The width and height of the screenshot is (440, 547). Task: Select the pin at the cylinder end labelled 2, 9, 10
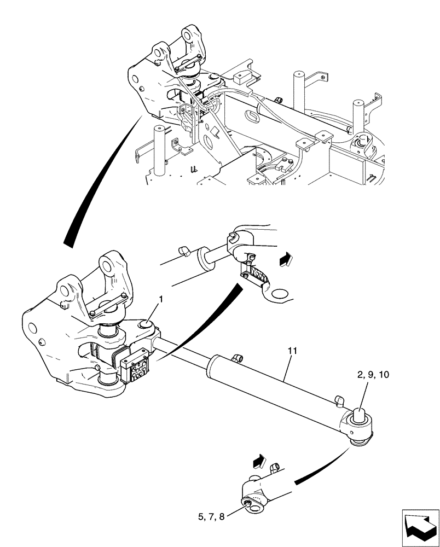[x=362, y=414]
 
